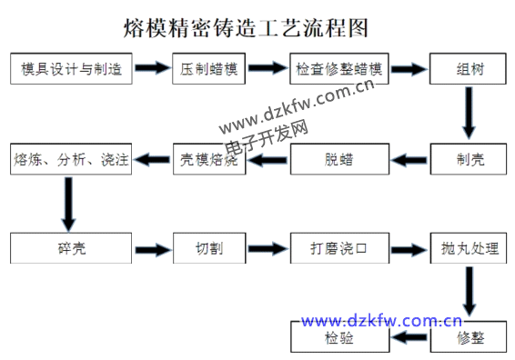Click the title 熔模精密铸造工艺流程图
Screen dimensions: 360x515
(246, 28)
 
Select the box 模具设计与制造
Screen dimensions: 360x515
(71, 69)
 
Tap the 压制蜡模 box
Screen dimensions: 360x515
(210, 69)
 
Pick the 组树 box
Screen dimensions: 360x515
(470, 69)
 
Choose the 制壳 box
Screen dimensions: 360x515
(470, 161)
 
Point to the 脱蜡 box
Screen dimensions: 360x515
(339, 161)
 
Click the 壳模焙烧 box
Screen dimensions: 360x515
(210, 161)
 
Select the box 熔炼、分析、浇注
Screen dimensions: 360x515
(71, 161)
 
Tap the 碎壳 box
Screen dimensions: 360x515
(71, 247)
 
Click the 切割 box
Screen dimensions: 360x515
(210, 247)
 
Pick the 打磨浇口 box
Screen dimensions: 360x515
(339, 247)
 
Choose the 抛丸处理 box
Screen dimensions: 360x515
(470, 247)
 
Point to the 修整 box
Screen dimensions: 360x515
(470, 339)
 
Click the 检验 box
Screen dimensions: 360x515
(339, 339)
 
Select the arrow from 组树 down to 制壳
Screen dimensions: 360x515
(470, 114)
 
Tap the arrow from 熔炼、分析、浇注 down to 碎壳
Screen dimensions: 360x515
(68, 204)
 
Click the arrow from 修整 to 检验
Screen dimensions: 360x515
(411, 339)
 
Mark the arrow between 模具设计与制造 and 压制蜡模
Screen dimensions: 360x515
(153, 69)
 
